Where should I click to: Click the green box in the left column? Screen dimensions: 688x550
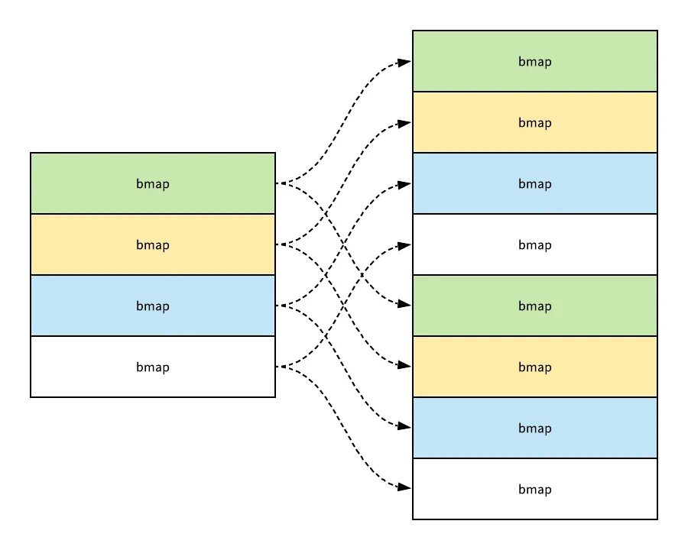point(153,183)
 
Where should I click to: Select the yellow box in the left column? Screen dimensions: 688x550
point(153,244)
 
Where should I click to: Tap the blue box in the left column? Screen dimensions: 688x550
point(153,306)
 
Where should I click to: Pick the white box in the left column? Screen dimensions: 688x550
point(153,367)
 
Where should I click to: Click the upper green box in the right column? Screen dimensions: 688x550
point(535,61)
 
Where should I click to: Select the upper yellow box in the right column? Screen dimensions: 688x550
point(535,122)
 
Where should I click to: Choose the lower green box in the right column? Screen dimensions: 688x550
point(535,306)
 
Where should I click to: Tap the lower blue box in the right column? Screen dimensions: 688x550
point(535,428)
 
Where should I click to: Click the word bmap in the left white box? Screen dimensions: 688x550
point(153,367)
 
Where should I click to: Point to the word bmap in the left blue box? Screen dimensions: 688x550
point(153,306)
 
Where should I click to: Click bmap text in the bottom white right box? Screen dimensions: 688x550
point(535,490)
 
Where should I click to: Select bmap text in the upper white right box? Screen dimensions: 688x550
point(535,245)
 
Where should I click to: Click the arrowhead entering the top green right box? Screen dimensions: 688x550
point(404,63)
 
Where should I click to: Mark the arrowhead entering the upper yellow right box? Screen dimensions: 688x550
point(404,124)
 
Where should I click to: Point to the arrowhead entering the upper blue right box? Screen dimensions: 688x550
point(404,185)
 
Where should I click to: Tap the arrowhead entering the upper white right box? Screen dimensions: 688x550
point(404,246)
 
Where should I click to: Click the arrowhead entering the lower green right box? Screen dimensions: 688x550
point(404,304)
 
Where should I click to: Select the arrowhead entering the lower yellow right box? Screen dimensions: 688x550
point(404,365)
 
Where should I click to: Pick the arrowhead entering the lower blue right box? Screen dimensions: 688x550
point(404,426)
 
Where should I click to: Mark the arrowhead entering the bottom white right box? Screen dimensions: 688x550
point(404,487)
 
